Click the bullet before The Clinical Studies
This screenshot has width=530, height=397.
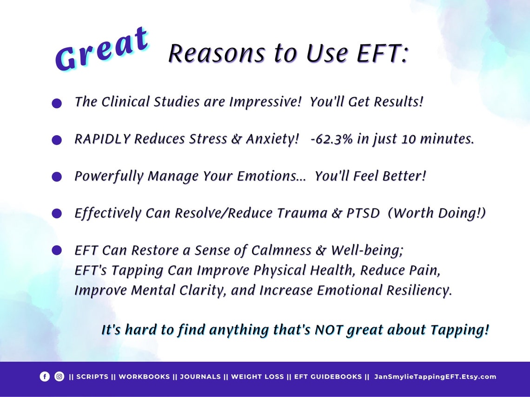pyautogui.click(x=57, y=104)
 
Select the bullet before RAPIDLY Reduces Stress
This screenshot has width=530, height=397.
pyautogui.click(x=57, y=140)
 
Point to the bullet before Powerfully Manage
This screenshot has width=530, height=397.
pyautogui.click(x=57, y=177)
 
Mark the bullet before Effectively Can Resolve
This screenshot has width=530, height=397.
pyautogui.click(x=57, y=214)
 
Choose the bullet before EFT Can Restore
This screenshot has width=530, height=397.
pyautogui.click(x=57, y=251)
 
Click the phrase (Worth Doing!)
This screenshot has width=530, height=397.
pyautogui.click(x=437, y=213)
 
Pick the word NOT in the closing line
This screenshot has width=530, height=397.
pyautogui.click(x=330, y=330)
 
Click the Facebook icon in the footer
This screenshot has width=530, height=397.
pyautogui.click(x=45, y=377)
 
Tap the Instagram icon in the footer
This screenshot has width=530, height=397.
pyautogui.click(x=60, y=377)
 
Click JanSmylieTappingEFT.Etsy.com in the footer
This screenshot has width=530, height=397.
pyautogui.click(x=435, y=377)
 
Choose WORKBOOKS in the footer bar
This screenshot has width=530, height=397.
pyautogui.click(x=144, y=377)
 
